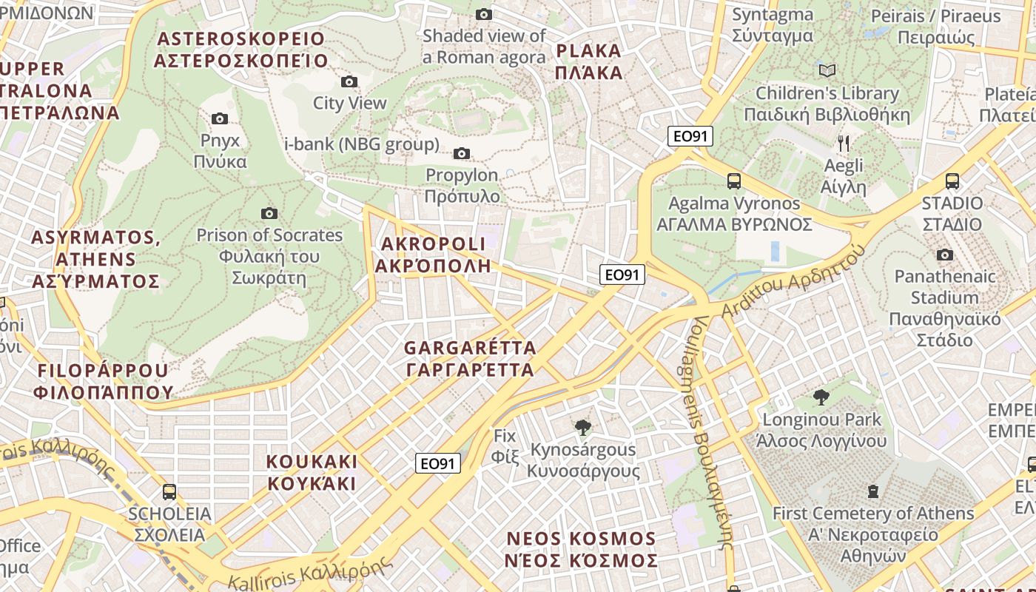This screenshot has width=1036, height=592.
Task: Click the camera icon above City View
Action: (349, 81)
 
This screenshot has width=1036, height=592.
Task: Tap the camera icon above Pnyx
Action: (220, 118)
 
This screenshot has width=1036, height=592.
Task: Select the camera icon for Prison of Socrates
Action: (269, 213)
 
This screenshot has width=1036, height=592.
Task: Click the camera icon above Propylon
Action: (462, 153)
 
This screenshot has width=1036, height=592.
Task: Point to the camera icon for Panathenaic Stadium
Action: (944, 255)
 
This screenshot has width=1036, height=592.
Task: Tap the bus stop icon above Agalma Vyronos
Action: (734, 181)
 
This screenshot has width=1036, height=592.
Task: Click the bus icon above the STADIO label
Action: (952, 181)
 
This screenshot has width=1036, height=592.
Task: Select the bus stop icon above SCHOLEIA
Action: (169, 491)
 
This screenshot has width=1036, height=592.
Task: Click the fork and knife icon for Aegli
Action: (844, 143)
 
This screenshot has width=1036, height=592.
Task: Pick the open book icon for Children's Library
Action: (827, 70)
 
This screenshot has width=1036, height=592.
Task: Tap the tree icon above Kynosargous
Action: (583, 427)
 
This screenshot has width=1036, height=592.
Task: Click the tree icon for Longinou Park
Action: (821, 397)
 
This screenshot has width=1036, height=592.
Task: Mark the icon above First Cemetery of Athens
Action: (873, 491)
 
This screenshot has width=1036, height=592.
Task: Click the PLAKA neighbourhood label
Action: (588, 61)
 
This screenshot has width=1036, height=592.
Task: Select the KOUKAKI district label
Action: (312, 472)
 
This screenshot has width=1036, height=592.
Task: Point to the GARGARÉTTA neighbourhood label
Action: (470, 358)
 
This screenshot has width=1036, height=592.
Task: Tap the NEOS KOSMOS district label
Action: (581, 549)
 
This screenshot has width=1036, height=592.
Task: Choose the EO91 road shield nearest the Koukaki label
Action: (437, 463)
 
